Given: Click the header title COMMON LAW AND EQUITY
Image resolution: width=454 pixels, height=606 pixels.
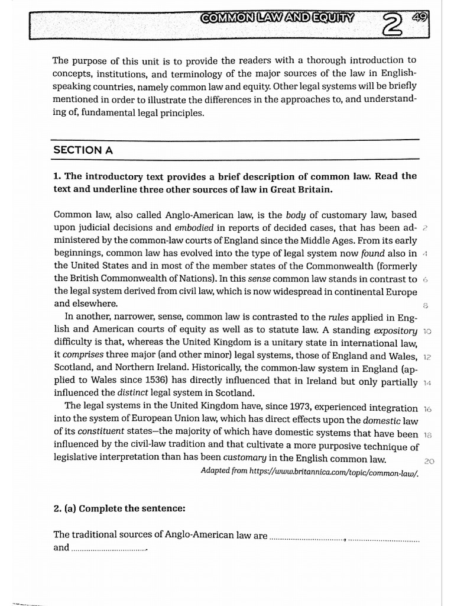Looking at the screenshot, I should [x=277, y=17].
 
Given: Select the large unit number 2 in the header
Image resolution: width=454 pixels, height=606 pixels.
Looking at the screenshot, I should [x=391, y=24].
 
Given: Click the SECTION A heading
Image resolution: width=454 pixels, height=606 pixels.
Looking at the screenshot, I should [x=83, y=150].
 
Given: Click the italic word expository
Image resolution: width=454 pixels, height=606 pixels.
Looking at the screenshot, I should [x=395, y=330].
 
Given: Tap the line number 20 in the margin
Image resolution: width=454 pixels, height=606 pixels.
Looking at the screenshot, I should [x=430, y=461].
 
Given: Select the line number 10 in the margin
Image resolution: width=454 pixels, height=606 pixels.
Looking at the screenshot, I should [x=428, y=331].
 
